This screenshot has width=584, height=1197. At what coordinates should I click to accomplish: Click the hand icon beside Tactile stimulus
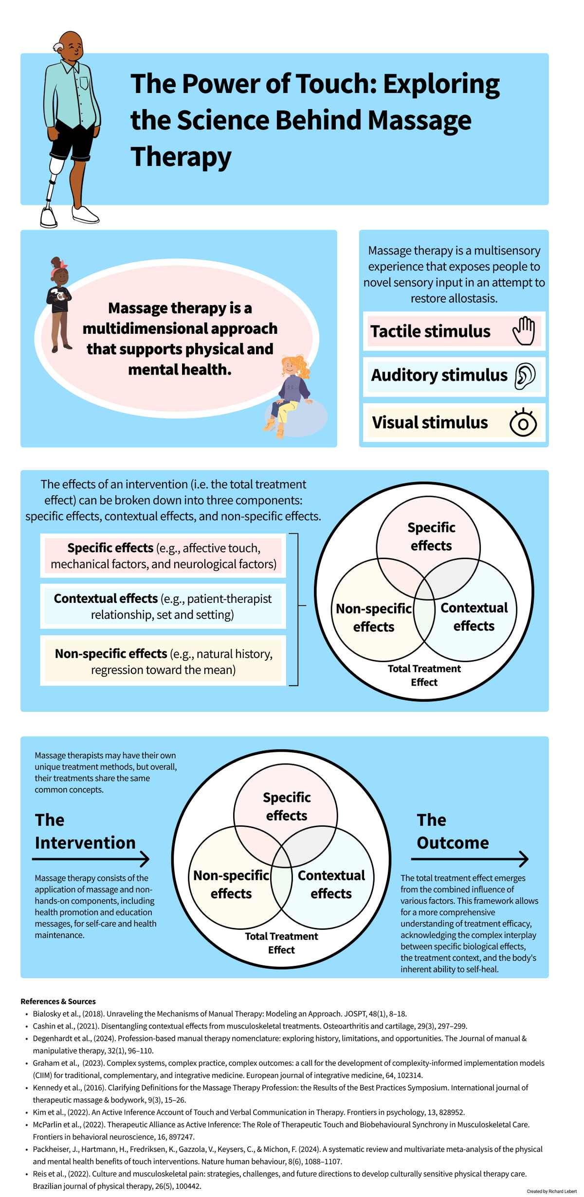click(x=524, y=331)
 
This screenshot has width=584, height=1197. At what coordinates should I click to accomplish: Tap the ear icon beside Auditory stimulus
click(x=525, y=376)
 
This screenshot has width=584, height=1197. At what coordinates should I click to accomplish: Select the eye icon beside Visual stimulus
click(x=523, y=422)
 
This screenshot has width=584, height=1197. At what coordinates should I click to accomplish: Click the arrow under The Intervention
click(x=91, y=859)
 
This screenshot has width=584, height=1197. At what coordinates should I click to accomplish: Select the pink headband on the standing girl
click(x=61, y=271)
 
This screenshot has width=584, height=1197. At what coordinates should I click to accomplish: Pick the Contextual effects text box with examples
click(x=163, y=606)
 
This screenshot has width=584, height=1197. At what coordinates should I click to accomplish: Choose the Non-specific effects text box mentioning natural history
click(x=163, y=661)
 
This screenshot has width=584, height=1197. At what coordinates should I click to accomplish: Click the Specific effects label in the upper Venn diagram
click(x=431, y=536)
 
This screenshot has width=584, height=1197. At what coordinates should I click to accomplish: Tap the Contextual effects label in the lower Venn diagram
click(x=331, y=884)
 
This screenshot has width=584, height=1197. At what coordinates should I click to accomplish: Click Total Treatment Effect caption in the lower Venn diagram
click(x=281, y=943)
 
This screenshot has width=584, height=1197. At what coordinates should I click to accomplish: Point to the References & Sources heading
click(x=58, y=1001)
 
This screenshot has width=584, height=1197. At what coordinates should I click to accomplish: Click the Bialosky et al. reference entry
click(x=219, y=1014)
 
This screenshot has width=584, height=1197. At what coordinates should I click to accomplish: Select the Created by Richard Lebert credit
click(x=551, y=1191)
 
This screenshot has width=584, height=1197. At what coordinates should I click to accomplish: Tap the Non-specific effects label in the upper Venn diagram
click(x=374, y=617)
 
